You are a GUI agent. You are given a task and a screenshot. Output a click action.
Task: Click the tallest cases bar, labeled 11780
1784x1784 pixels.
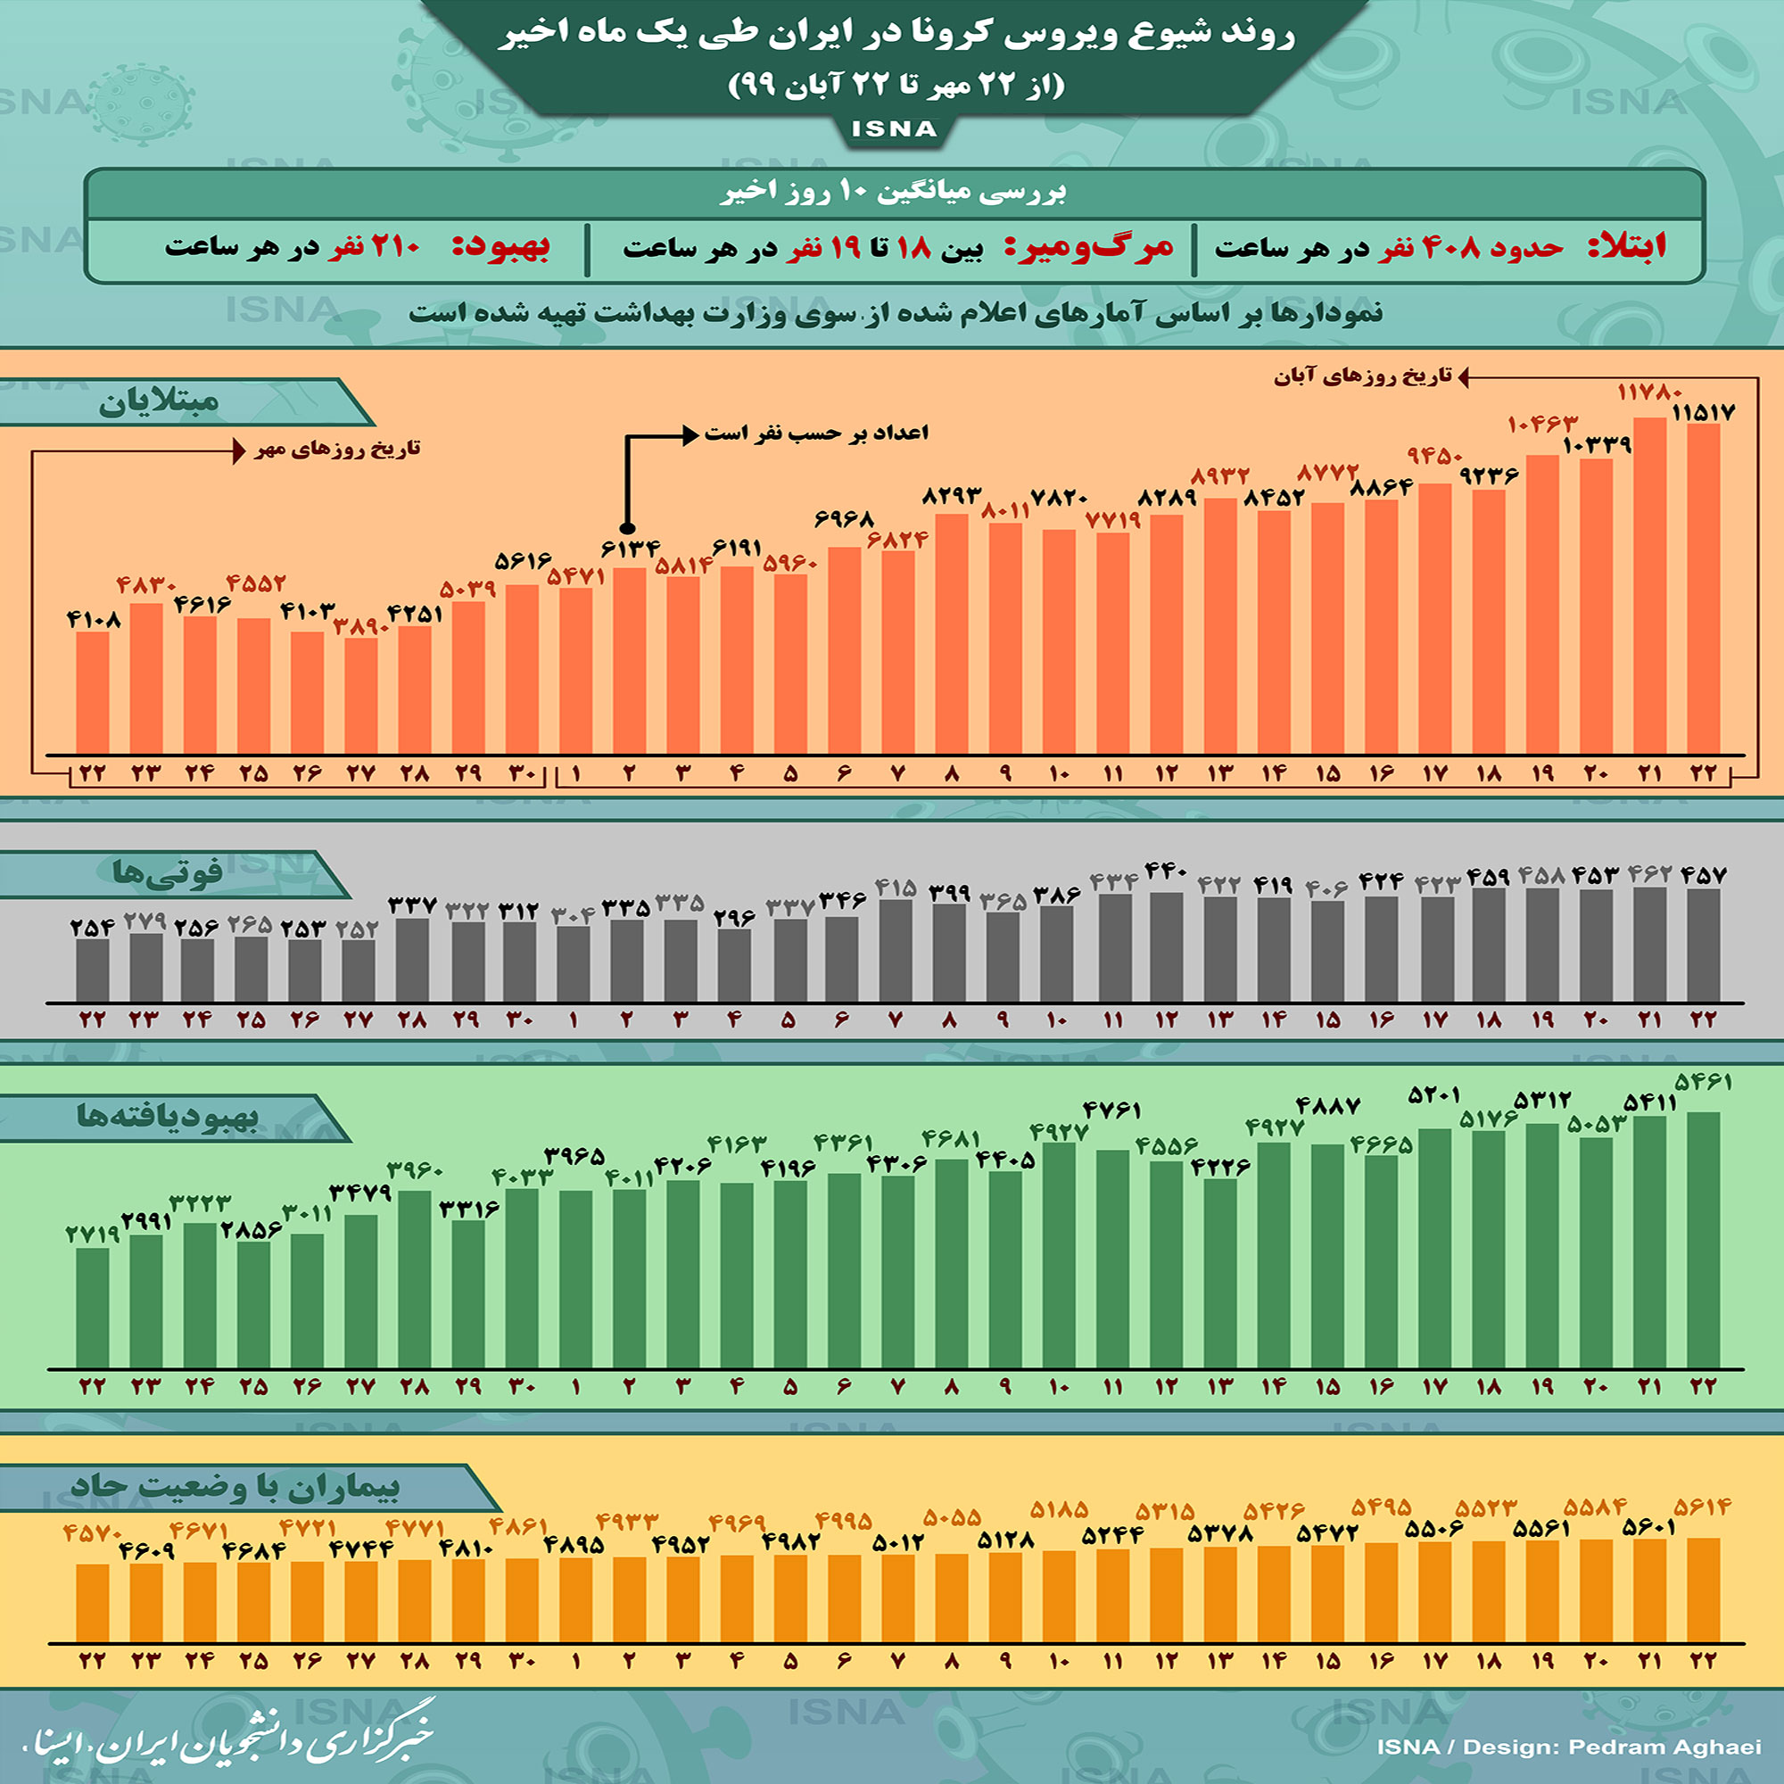tap(1649, 585)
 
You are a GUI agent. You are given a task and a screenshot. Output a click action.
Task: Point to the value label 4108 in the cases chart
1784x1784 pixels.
tap(95, 620)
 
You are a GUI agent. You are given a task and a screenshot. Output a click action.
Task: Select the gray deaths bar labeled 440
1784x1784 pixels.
tap(1166, 946)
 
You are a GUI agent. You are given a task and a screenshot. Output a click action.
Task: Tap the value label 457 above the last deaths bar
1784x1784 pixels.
tap(1703, 874)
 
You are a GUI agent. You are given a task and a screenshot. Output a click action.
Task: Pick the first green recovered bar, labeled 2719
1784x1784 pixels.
tap(93, 1308)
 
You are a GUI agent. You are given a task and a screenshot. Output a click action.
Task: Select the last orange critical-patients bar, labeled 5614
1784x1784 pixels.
tap(1703, 1590)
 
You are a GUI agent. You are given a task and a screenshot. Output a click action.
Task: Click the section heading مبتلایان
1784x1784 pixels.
tap(159, 402)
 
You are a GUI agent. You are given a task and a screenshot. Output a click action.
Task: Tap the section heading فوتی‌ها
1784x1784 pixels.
tap(167, 873)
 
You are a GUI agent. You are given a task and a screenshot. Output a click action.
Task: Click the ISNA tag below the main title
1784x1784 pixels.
tap(893, 129)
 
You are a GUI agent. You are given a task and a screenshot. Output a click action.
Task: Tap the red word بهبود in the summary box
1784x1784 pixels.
tap(501, 247)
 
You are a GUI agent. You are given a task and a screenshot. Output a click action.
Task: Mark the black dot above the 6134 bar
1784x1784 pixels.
tap(627, 528)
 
